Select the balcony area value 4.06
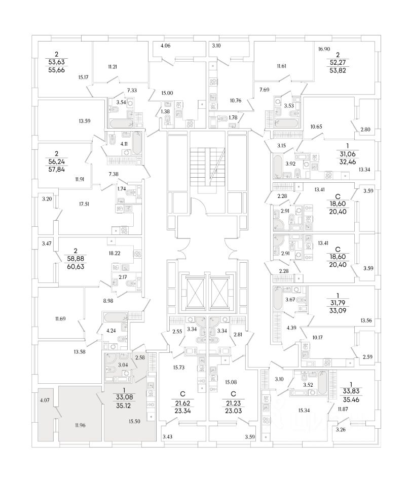[166, 47]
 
